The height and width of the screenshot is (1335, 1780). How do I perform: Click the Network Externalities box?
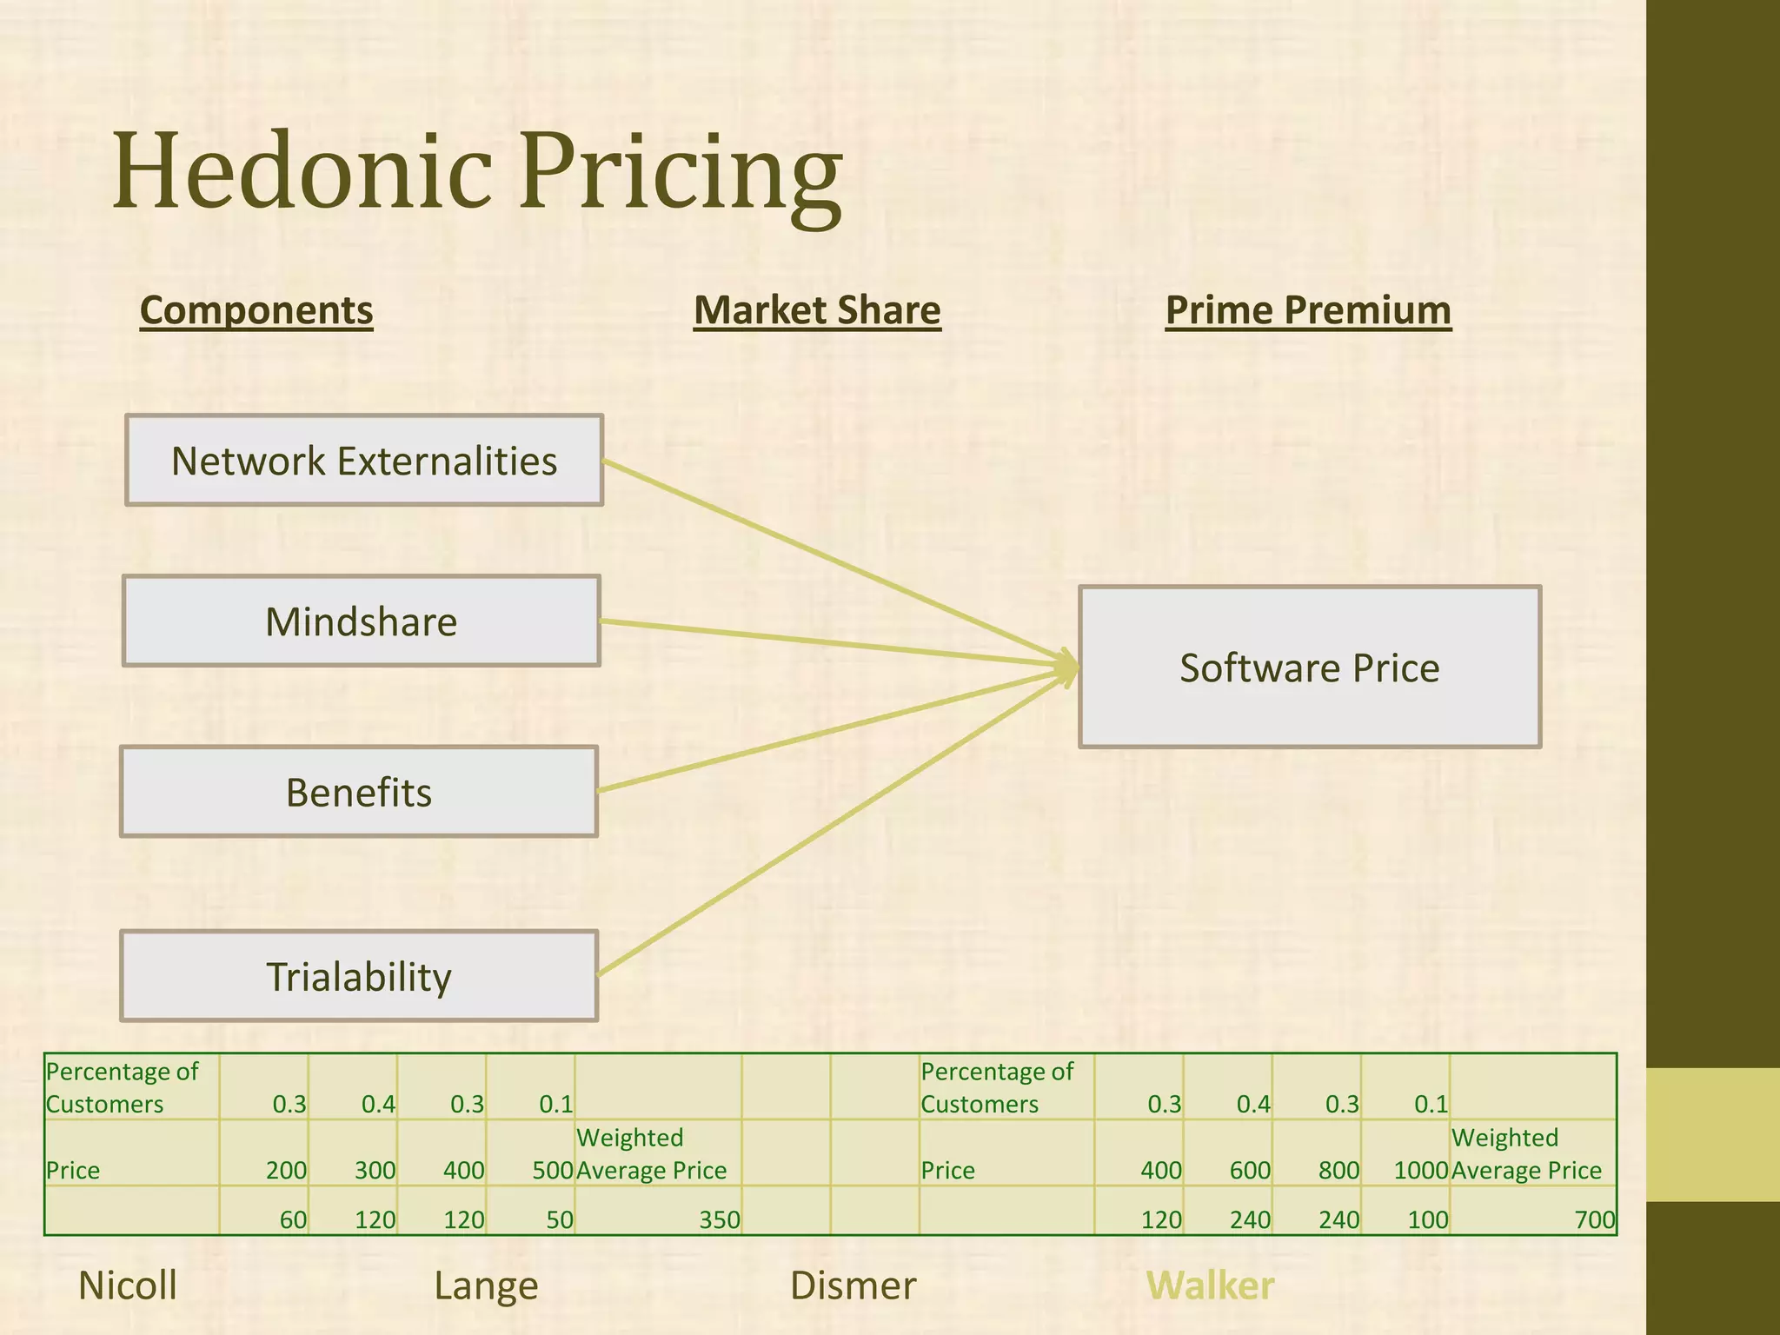coord(364,461)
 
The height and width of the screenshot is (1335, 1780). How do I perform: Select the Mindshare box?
coord(362,621)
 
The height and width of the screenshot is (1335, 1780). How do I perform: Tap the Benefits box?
coord(359,792)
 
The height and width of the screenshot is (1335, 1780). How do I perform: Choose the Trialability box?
coord(359,976)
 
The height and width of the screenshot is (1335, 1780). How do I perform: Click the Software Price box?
coord(1309,667)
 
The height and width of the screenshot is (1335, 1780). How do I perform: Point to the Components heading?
coord(256,310)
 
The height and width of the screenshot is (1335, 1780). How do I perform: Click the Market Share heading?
coord(817,310)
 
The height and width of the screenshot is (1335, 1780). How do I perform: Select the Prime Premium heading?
coord(1308,310)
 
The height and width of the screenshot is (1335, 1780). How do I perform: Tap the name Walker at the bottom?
coord(1210,1285)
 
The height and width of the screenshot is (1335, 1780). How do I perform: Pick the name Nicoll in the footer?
coord(128,1285)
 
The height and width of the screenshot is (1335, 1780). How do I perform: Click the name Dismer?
coord(853,1285)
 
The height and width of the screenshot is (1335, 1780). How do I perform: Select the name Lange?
coord(486,1285)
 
